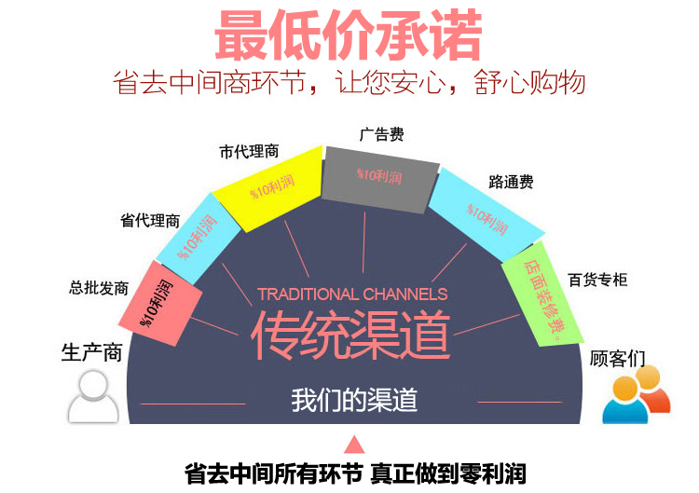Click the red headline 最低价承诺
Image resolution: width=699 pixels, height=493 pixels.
(x=349, y=36)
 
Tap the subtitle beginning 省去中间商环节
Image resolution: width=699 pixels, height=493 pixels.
(x=349, y=83)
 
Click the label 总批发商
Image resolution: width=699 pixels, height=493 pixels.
(x=99, y=288)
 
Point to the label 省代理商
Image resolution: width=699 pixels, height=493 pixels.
(x=150, y=221)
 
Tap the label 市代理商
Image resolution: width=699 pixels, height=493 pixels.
(x=249, y=151)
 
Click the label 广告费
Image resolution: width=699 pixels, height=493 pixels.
(x=381, y=135)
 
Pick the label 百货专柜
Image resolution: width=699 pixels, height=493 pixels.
(x=597, y=279)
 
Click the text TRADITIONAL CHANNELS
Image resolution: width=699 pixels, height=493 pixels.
(x=352, y=294)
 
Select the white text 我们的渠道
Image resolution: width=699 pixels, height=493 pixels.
(x=353, y=400)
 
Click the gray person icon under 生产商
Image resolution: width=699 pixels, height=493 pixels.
(x=93, y=396)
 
